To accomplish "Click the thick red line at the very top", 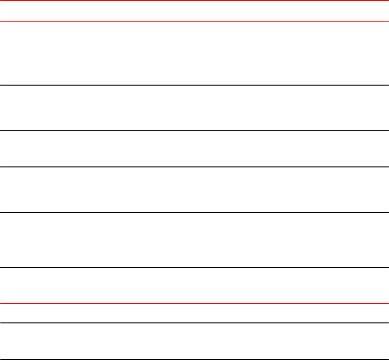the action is click(x=194, y=1).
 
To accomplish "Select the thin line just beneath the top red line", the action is click(x=194, y=21).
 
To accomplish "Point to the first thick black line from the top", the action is click(x=194, y=85).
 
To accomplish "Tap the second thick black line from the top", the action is click(x=194, y=131).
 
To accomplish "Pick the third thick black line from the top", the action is click(x=194, y=166).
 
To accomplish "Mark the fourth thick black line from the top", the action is click(x=194, y=212).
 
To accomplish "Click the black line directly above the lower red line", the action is click(x=194, y=267).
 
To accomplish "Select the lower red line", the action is click(x=194, y=303).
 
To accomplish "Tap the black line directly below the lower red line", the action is click(x=194, y=323).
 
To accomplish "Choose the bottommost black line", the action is click(x=194, y=359).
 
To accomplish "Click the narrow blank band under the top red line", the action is click(x=194, y=11).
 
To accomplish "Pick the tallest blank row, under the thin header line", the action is click(x=194, y=53).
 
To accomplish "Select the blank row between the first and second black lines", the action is click(x=194, y=108).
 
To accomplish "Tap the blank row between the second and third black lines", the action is click(x=194, y=149).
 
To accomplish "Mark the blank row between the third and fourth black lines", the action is click(x=194, y=189).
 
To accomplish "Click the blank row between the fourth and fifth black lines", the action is click(x=194, y=240).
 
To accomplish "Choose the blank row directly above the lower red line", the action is click(x=194, y=285).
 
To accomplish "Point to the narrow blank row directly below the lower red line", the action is click(x=194, y=313).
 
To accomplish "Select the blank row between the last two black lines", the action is click(x=194, y=341).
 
